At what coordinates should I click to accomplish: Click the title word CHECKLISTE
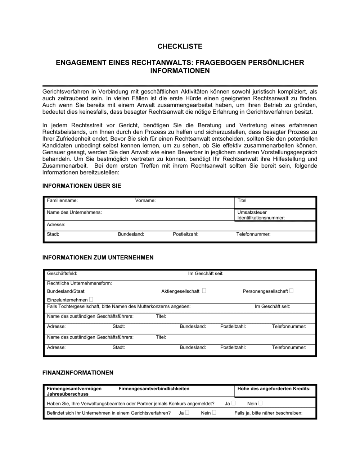pos(180,46)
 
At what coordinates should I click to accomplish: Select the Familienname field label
pos(62,200)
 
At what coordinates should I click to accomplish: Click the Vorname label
pos(145,200)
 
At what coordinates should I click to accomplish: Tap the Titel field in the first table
pos(242,200)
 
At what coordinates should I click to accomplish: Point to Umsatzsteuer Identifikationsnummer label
pos(261,215)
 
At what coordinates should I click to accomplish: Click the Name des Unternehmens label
pos(74,212)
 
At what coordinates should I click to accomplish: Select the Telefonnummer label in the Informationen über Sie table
pos(253,234)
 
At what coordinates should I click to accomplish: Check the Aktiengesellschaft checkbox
pos(204,291)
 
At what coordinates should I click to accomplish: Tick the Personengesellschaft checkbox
pos(291,291)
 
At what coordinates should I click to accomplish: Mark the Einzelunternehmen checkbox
pos(91,299)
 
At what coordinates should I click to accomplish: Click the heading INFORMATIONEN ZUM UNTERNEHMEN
pos(98,258)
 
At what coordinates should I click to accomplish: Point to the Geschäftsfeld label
pos(62,274)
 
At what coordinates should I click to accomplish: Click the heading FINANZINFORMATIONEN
pos(78,373)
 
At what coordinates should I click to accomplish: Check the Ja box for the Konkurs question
pos(233,403)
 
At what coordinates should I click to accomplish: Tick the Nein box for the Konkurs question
pos(260,403)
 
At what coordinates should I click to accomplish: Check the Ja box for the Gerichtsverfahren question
pos(187,413)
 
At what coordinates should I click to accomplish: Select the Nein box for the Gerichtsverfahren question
pos(214,413)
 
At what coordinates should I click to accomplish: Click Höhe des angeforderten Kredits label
pos(274,388)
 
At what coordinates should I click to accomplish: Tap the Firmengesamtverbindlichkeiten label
pos(154,388)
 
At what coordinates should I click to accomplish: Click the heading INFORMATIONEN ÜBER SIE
pos(82,186)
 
